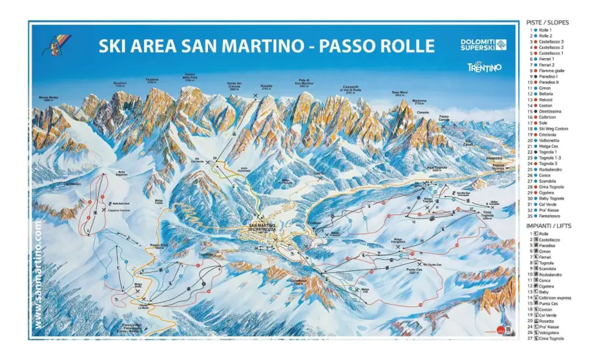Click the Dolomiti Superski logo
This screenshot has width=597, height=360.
point(483,45)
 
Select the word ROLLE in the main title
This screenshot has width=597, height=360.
point(404,46)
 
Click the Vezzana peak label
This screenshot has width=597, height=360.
point(152,81)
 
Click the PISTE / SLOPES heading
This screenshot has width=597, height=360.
point(548,22)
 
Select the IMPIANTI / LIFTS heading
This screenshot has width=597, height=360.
point(549,226)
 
